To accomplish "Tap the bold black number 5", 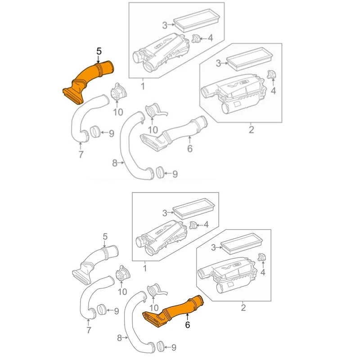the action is tap(99, 51).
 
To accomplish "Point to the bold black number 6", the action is tap(188, 324).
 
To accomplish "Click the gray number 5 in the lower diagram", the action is tap(105, 237).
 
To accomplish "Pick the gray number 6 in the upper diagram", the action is tap(190, 148).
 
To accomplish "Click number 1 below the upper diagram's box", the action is tap(143, 86).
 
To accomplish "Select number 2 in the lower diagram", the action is tap(243, 307).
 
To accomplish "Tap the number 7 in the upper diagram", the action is tap(81, 154).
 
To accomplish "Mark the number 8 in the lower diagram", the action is tap(119, 338).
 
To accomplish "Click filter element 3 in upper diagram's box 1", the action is tap(196, 20).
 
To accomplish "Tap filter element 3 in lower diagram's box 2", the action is tap(241, 243).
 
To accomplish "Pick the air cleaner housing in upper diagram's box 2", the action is tap(234, 93).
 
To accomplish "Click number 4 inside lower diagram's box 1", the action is tap(206, 224).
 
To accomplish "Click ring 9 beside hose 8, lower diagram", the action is tap(160, 346).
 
